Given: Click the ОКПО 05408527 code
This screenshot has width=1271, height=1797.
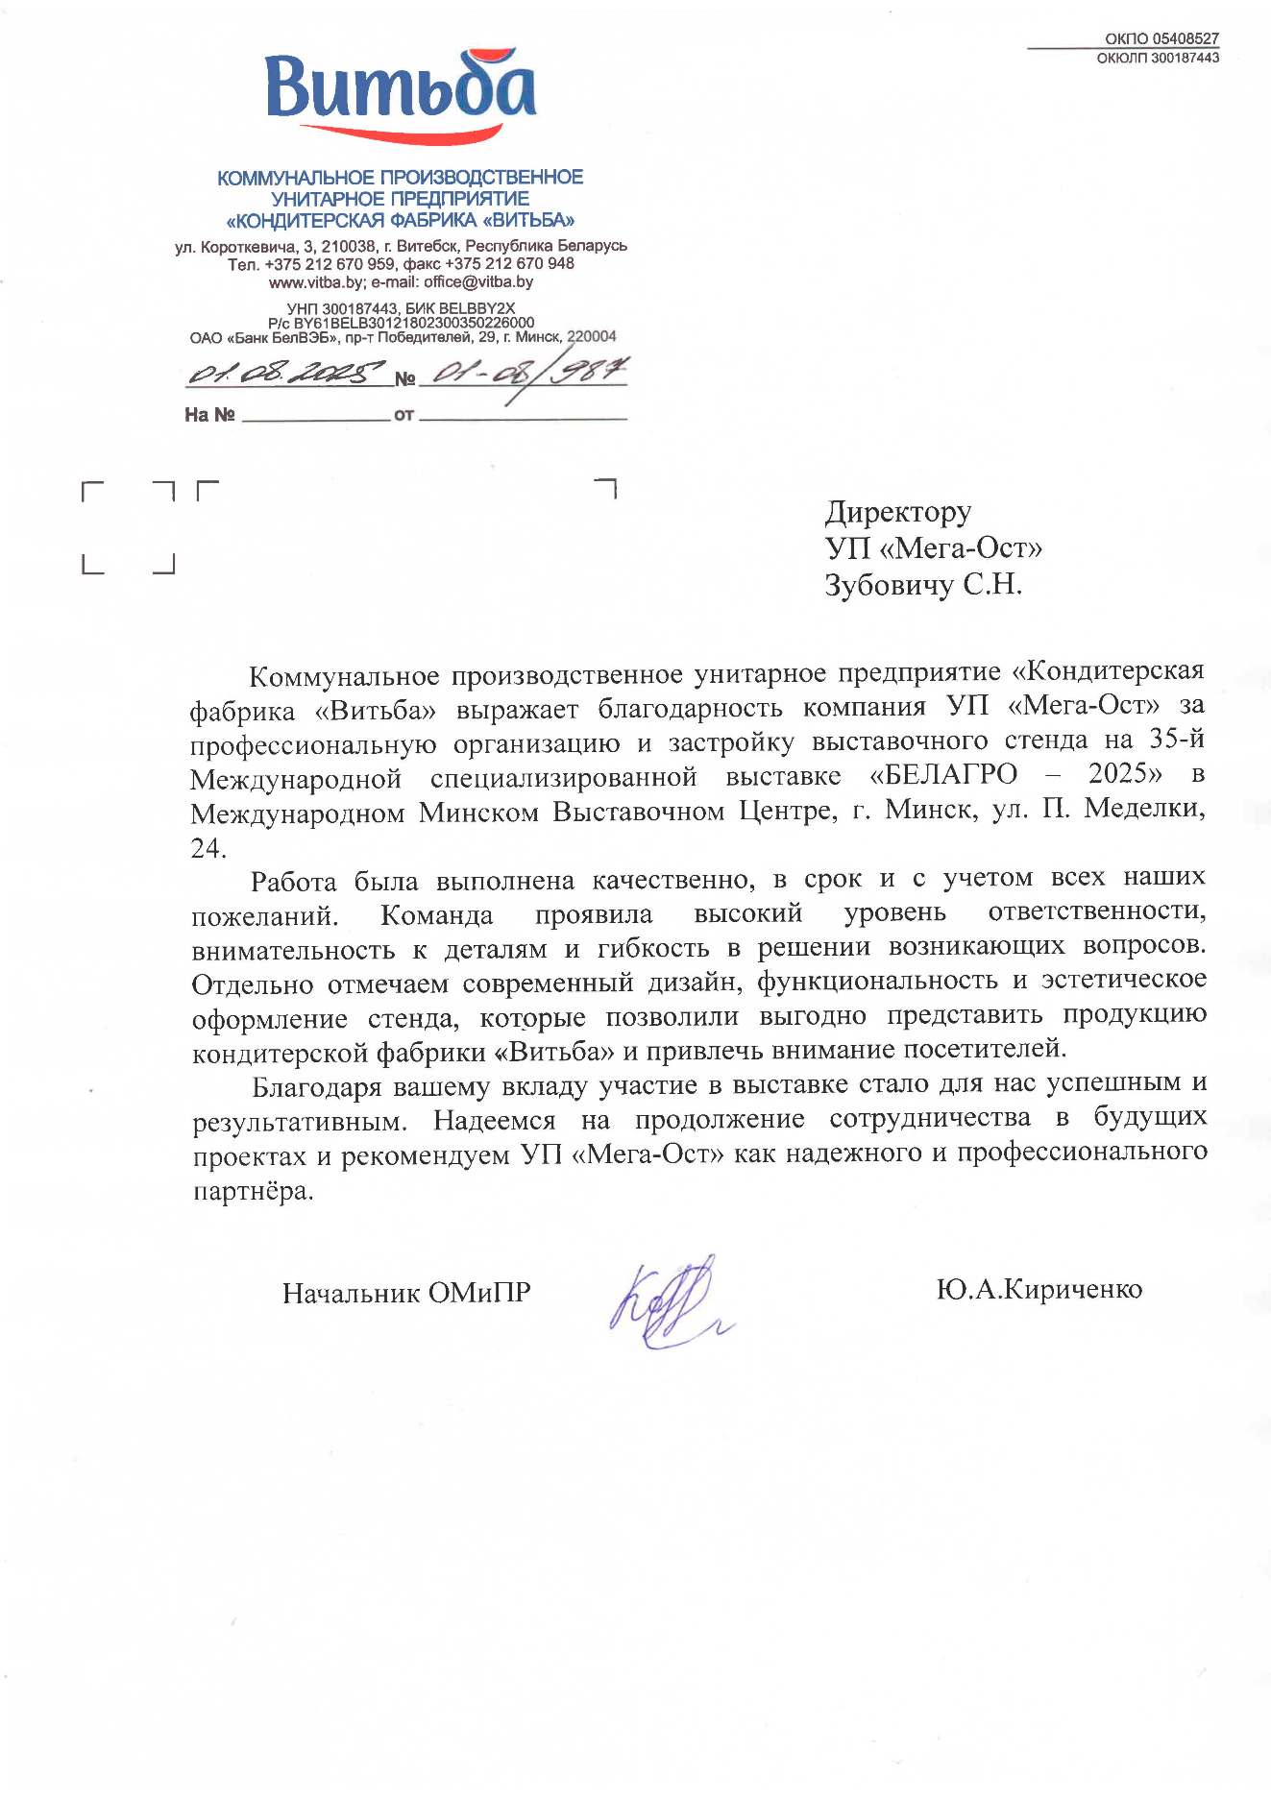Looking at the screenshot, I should pyautogui.click(x=1161, y=38).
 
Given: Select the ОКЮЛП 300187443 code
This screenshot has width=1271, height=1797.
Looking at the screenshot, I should pyautogui.click(x=1158, y=58).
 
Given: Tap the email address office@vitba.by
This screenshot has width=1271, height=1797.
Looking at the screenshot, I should pyautogui.click(x=478, y=281).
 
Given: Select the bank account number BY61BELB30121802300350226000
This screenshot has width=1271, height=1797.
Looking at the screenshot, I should pyautogui.click(x=413, y=323).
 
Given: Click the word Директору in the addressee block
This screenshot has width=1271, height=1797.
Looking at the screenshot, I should pyautogui.click(x=897, y=512).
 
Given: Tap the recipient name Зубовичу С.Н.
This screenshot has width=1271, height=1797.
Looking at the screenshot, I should pyautogui.click(x=922, y=584).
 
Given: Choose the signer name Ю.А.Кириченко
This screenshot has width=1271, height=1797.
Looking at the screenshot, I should pyautogui.click(x=1039, y=1289).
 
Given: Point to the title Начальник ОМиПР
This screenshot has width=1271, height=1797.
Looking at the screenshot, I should pyautogui.click(x=405, y=1293).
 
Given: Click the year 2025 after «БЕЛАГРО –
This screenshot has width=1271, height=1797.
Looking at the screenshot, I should pyautogui.click(x=1124, y=773).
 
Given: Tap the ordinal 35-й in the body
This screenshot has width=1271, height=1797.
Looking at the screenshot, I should pyautogui.click(x=1177, y=739).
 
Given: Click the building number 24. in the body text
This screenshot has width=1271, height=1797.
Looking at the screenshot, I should pyautogui.click(x=208, y=848).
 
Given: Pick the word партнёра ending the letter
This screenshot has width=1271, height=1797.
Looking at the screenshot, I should pyautogui.click(x=253, y=1191).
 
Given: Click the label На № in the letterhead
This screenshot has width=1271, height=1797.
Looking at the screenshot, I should pyautogui.click(x=209, y=415).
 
